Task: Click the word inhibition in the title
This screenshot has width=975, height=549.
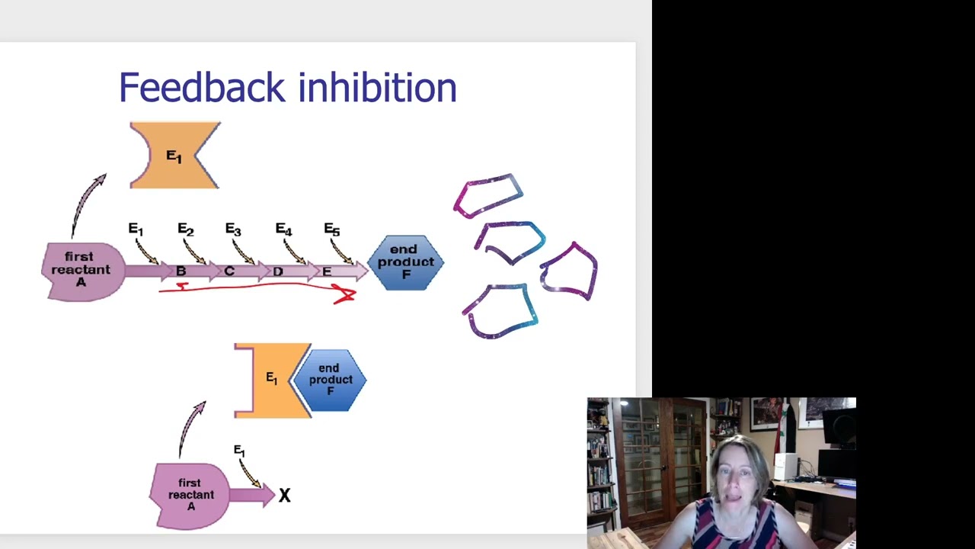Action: pyautogui.click(x=378, y=88)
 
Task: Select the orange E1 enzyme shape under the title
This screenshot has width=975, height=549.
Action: pyautogui.click(x=174, y=156)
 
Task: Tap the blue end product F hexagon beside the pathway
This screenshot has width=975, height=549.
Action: pyautogui.click(x=405, y=262)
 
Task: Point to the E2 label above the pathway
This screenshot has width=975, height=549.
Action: pyautogui.click(x=185, y=230)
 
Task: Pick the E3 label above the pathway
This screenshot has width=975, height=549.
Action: pyautogui.click(x=233, y=230)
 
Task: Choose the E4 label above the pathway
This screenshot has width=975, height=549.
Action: pyautogui.click(x=283, y=230)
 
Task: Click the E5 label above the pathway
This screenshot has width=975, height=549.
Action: pyautogui.click(x=331, y=230)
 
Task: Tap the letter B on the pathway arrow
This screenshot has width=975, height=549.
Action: pyautogui.click(x=181, y=271)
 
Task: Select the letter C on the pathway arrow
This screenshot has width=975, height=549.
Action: pyautogui.click(x=229, y=271)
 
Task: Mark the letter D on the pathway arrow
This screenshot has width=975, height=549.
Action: pyautogui.click(x=278, y=271)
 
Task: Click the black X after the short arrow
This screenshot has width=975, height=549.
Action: pyautogui.click(x=284, y=496)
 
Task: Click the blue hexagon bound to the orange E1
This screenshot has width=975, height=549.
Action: pyautogui.click(x=331, y=380)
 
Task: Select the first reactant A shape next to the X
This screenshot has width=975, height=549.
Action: pyautogui.click(x=190, y=495)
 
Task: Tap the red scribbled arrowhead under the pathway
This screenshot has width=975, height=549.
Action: pyautogui.click(x=345, y=295)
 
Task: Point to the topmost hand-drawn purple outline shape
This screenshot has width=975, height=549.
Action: pyautogui.click(x=489, y=195)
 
